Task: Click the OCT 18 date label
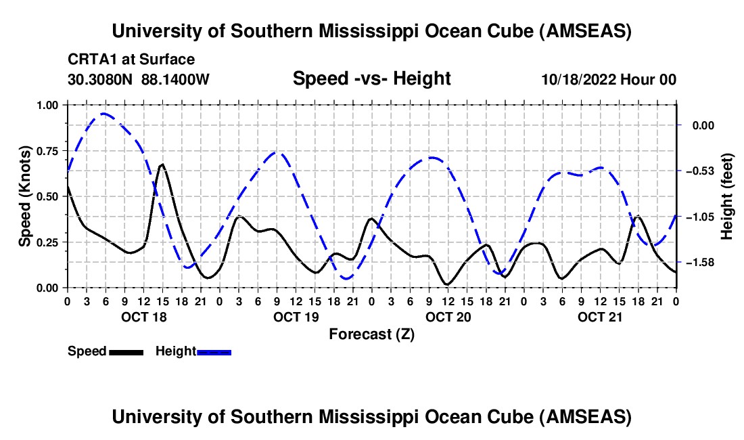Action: pos(143,317)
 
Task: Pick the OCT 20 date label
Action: pos(448,317)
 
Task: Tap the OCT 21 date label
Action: pos(600,317)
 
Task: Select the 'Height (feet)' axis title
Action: pos(727,196)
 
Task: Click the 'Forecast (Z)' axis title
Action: pos(371,334)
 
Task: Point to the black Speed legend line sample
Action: pos(126,351)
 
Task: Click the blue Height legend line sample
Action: pos(214,351)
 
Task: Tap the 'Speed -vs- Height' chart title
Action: pos(371,79)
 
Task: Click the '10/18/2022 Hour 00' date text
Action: pos(609,79)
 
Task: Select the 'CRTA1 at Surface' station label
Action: pos(131,60)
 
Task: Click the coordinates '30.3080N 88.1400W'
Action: pos(139,79)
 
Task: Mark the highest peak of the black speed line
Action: pos(162,164)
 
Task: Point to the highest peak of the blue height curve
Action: pos(103,113)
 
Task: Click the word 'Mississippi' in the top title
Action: pos(373,31)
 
